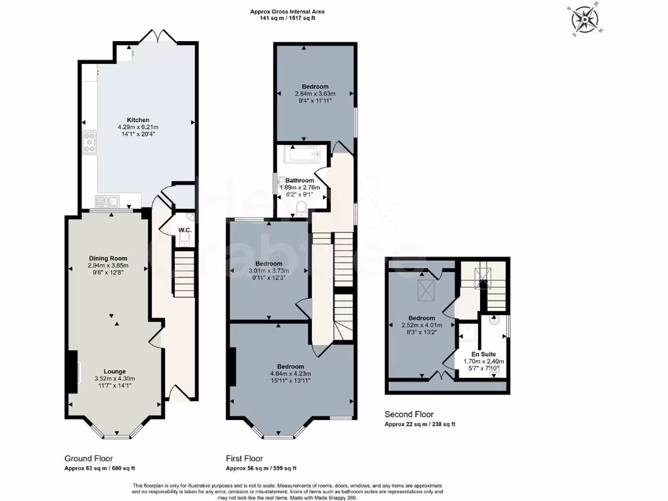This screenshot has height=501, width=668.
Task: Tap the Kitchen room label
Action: [138, 120]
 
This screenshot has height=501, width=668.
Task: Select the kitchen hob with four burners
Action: [89, 142]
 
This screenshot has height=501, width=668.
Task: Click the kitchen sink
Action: [104, 200]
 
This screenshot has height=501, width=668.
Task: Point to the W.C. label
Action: [184, 230]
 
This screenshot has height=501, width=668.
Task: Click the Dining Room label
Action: [109, 258]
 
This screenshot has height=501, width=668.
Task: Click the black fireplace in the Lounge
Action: [73, 372]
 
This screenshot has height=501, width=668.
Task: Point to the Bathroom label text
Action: [299, 181]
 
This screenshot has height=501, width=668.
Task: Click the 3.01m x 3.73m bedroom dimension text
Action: [268, 271]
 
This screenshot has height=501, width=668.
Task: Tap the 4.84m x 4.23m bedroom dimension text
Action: [290, 374]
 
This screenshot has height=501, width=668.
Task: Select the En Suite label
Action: [483, 354]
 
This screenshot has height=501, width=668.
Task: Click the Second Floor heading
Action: [408, 414]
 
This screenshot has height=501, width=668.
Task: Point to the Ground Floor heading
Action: [89, 459]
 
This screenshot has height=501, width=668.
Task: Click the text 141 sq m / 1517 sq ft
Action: [287, 18]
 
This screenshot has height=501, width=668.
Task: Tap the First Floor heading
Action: [245, 459]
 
